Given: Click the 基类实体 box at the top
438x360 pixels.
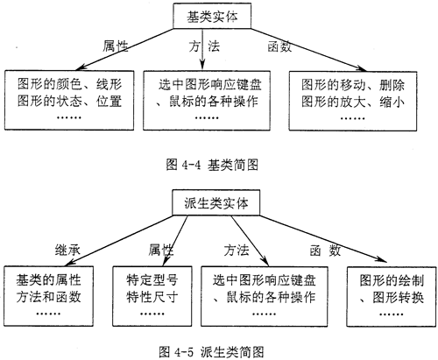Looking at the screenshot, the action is [212, 16].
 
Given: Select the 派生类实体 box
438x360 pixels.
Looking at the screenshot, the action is [215, 202].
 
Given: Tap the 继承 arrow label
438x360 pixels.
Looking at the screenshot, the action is [67, 251].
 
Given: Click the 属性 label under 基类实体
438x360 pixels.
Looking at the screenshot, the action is [116, 46].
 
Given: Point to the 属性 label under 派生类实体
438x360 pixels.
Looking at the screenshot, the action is [161, 250].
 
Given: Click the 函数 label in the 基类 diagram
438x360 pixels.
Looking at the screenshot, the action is [279, 46].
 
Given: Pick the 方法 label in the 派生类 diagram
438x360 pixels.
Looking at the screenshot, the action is [237, 251].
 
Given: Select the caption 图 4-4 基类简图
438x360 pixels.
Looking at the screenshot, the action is [212, 165].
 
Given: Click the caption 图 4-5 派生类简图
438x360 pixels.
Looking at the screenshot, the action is [211, 351].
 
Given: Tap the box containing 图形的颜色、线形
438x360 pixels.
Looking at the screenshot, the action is [69, 100].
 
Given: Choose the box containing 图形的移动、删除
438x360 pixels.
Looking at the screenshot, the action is [353, 101].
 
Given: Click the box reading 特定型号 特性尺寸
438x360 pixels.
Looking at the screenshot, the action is [152, 296].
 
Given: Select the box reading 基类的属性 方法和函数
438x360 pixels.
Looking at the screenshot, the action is [49, 296].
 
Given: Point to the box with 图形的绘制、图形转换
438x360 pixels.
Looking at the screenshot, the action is [392, 296].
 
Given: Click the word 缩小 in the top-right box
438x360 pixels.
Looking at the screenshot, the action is [392, 102].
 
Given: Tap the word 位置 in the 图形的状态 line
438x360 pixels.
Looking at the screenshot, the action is [109, 102].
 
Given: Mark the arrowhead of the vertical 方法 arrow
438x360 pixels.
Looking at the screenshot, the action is [202, 65].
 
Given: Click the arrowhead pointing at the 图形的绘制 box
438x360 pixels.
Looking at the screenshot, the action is [382, 259].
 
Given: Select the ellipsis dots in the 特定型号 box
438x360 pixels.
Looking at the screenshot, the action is [152, 314].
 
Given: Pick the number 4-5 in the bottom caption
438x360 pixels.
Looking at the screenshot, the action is [184, 352].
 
